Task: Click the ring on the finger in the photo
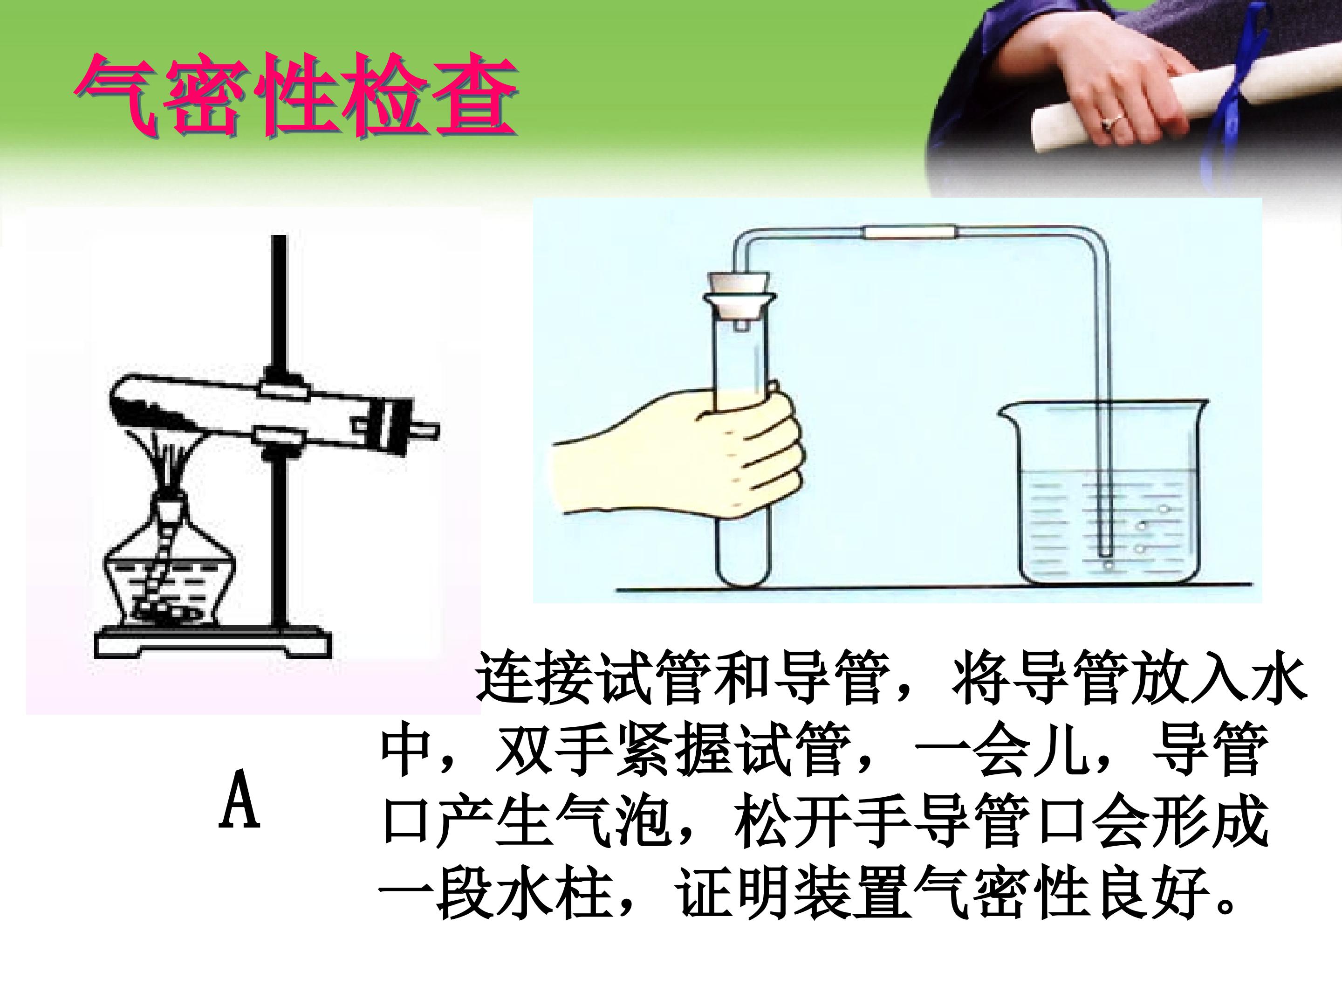1106,124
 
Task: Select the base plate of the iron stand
212,642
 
